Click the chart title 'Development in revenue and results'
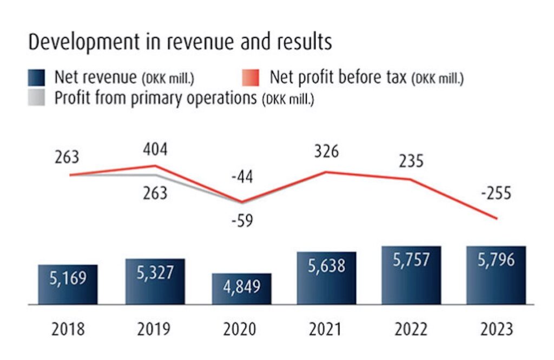pos(180,43)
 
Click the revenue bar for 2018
pos(68,284)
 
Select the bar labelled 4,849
pos(241,289)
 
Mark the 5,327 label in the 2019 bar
pos(155,272)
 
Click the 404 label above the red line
pos(156,149)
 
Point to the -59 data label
pos(241,222)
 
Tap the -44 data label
pos(241,177)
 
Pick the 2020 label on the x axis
pos(241,329)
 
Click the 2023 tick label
pos(496,329)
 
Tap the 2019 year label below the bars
pos(155,329)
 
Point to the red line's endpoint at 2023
pos(496,219)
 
